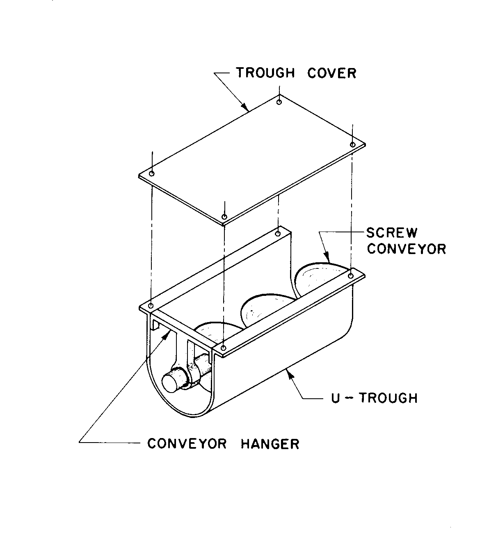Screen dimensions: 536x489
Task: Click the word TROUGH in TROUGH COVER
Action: click(265, 73)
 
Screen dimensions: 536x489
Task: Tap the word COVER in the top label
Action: click(332, 73)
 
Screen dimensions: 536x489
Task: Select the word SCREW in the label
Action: click(392, 233)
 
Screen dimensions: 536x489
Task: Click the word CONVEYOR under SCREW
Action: click(406, 249)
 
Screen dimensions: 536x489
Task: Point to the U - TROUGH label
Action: click(374, 398)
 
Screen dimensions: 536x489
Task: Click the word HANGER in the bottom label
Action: click(270, 443)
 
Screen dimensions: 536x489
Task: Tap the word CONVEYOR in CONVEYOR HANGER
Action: click(187, 443)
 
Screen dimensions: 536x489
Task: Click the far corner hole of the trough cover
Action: click(279, 101)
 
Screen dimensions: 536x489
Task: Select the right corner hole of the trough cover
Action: click(352, 144)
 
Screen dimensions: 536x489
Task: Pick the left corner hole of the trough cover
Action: click(152, 174)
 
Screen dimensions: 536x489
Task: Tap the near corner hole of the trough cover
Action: click(224, 216)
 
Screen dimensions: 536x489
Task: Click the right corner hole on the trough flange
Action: click(351, 276)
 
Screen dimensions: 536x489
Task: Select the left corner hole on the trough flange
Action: click(151, 306)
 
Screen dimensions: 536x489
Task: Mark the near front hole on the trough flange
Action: click(223, 348)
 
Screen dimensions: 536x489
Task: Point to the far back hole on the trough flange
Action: click(278, 234)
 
